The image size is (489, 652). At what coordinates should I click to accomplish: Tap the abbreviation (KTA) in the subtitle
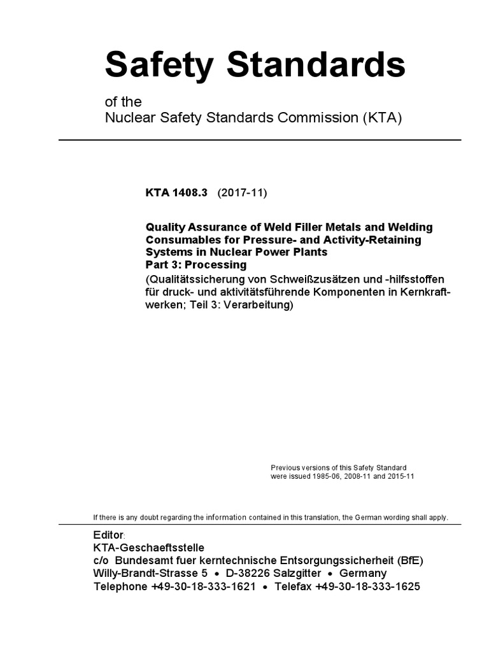point(379,118)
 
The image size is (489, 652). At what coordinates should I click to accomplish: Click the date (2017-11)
point(242,194)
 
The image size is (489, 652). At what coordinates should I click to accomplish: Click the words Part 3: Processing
point(196,264)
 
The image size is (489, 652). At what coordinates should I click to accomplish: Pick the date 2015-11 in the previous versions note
point(399,476)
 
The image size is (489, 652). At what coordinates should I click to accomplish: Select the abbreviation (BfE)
point(407,560)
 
